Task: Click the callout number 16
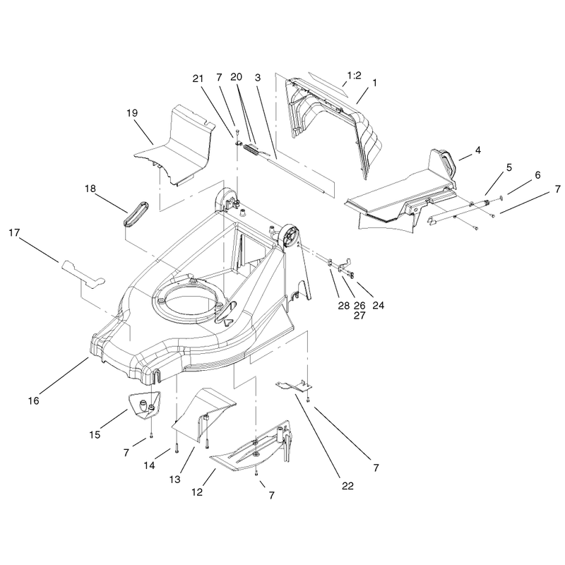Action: click(x=33, y=400)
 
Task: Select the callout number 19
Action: click(x=132, y=113)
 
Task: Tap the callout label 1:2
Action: click(x=354, y=76)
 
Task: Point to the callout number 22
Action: click(x=347, y=486)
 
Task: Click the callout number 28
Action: click(x=344, y=306)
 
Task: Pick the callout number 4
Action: click(x=478, y=150)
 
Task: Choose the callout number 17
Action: click(x=14, y=233)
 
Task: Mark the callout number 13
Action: click(x=175, y=480)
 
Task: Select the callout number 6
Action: click(x=537, y=175)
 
